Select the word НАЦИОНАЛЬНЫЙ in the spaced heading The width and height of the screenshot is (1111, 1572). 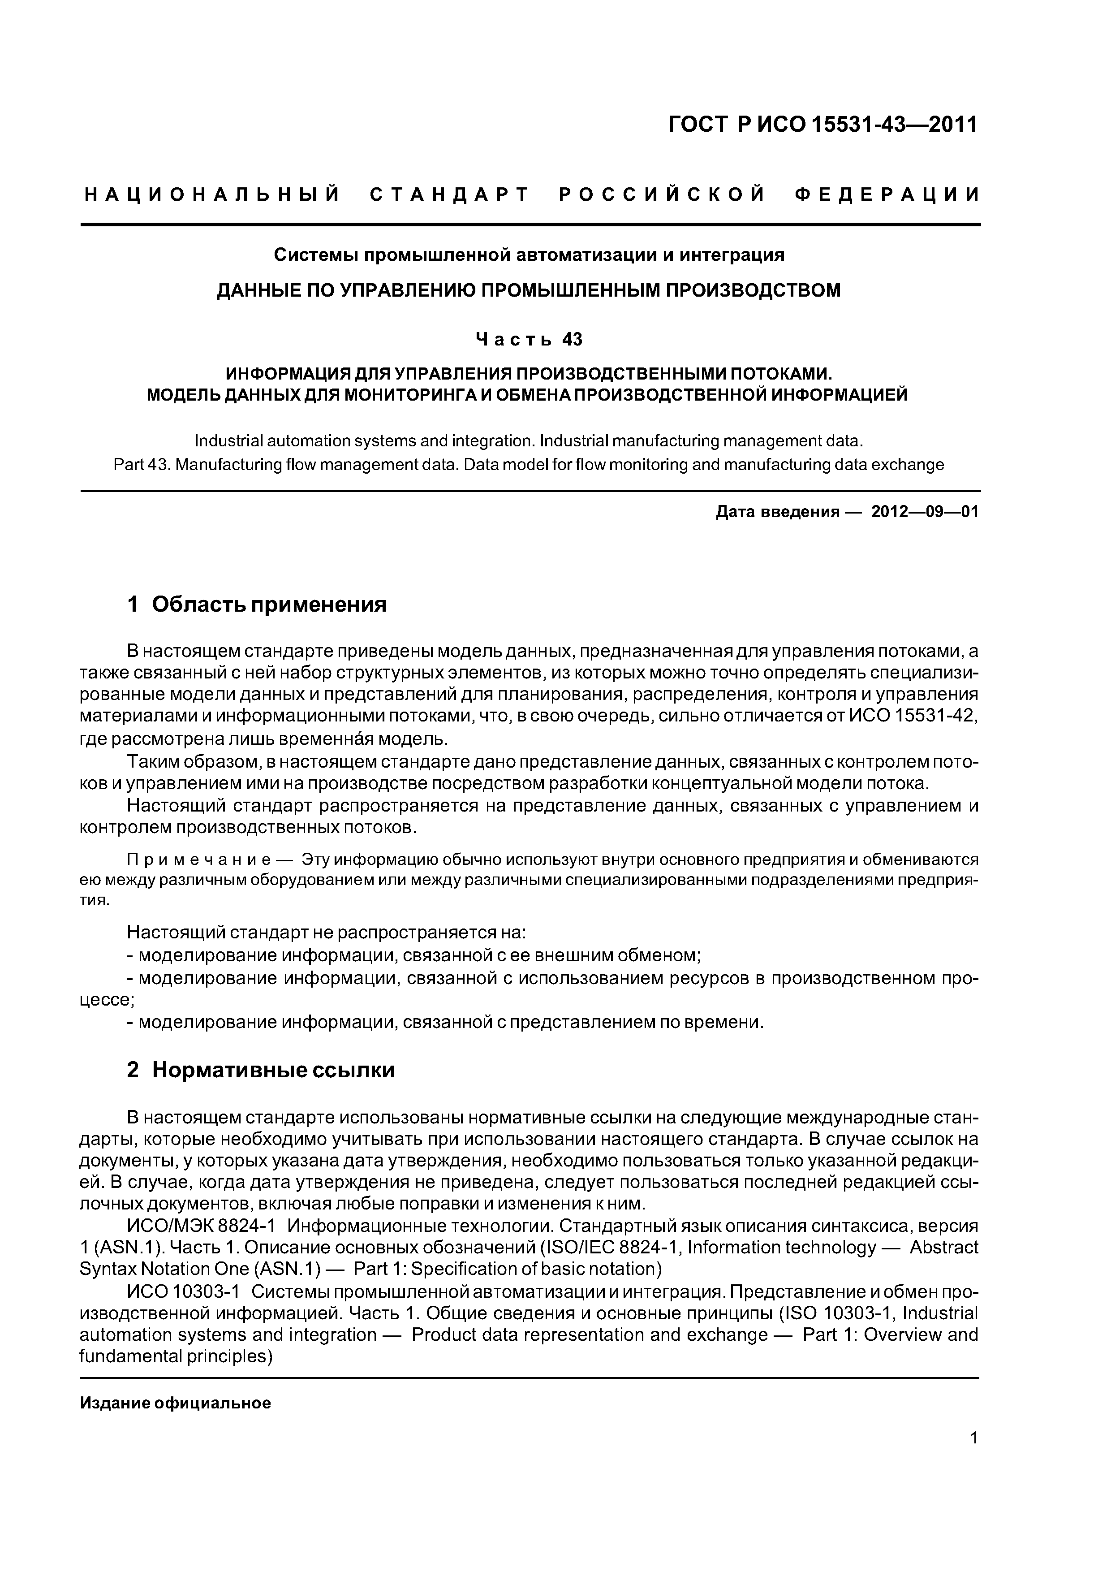tap(212, 195)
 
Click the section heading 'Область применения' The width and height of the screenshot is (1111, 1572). tap(269, 605)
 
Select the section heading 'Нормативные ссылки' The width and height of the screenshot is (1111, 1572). tap(273, 1070)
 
